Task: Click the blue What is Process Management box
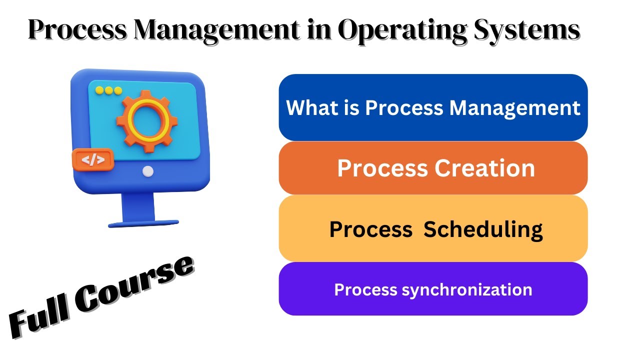[433, 107]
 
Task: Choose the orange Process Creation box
[433, 168]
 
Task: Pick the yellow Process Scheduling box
[433, 228]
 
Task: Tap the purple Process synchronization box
[433, 289]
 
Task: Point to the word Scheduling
[483, 229]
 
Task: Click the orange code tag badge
[93, 160]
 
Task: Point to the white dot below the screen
[147, 171]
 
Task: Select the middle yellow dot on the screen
[108, 90]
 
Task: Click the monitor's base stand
[143, 223]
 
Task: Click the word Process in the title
[75, 31]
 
